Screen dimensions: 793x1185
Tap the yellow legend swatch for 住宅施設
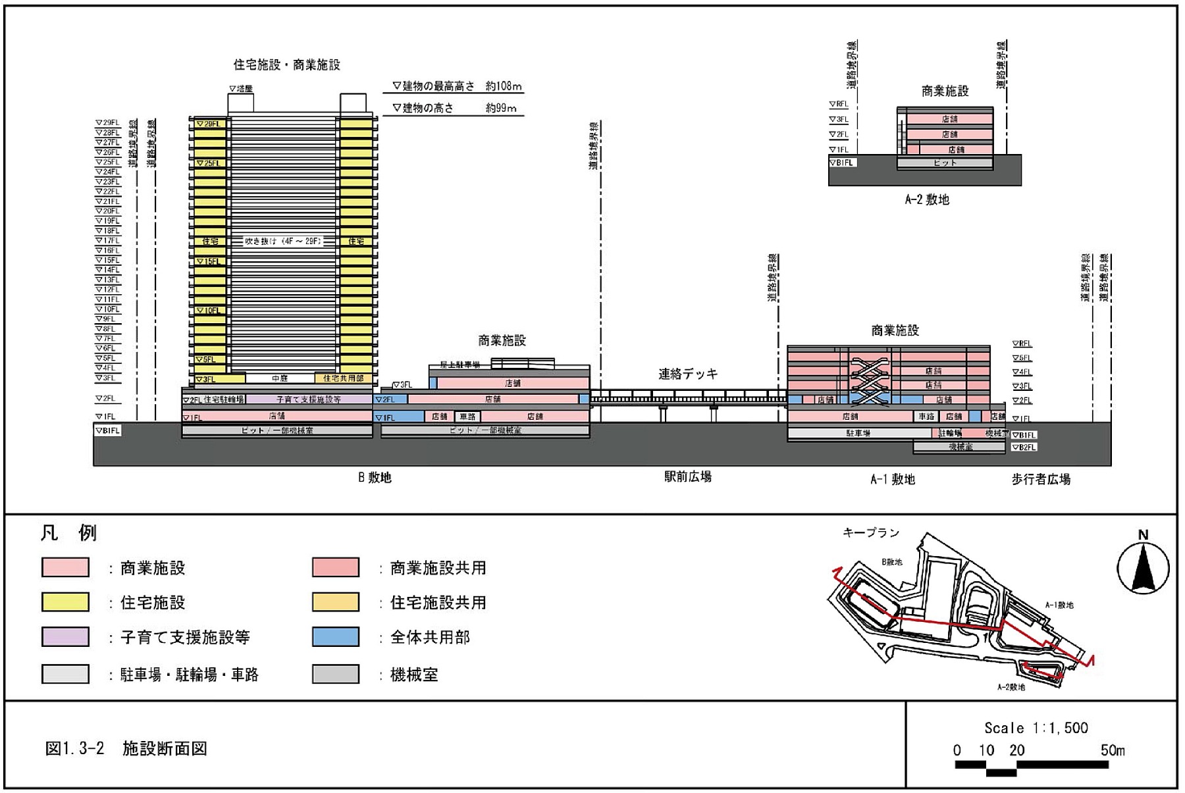65,602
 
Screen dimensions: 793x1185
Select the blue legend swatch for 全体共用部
336,637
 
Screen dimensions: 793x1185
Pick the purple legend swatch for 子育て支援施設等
65,637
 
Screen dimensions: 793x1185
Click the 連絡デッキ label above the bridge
688,374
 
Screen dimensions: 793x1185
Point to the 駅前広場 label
687,476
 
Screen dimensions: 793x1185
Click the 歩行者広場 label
1041,479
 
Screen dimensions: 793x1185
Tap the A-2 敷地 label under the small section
926,199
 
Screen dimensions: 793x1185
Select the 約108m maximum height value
504,86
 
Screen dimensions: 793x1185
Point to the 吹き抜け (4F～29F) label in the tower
283,242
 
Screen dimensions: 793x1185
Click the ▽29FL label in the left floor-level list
107,122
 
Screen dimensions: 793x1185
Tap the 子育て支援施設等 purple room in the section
308,399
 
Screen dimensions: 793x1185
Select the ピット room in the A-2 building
945,163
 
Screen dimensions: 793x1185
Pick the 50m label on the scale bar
1112,750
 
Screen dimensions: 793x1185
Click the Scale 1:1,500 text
1036,728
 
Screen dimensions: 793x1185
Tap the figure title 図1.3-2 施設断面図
126,748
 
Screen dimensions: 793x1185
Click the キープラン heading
870,532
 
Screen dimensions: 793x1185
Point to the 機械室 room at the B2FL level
961,447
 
